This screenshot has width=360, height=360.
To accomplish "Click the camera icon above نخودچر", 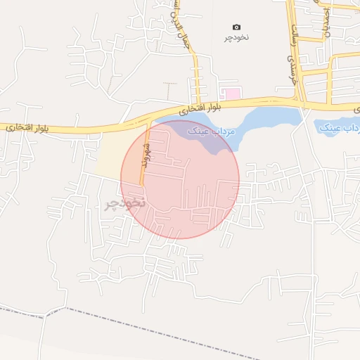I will (236, 27).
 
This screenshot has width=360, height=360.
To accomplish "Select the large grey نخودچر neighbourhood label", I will (124, 204).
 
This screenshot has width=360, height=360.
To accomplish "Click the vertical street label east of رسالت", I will (326, 21).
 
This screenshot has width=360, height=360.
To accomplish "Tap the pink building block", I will (231, 94).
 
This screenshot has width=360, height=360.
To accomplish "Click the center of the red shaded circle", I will (180, 179).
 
